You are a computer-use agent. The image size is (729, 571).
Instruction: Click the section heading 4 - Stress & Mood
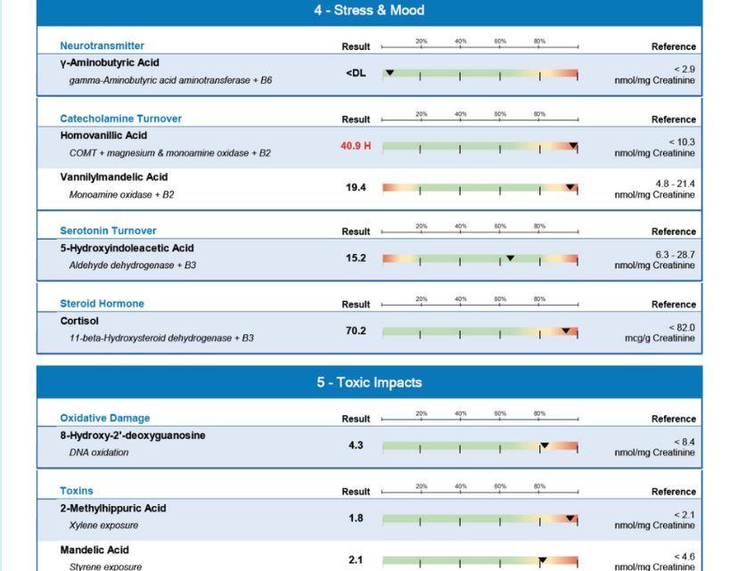(x=369, y=11)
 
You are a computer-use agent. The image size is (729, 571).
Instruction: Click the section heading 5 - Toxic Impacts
(x=369, y=383)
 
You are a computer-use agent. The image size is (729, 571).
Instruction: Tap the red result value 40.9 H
(x=356, y=146)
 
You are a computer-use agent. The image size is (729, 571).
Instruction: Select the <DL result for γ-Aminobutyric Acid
(x=356, y=73)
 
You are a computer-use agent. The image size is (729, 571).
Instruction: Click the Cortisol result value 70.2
(x=356, y=331)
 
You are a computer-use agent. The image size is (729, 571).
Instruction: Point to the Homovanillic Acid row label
(x=103, y=135)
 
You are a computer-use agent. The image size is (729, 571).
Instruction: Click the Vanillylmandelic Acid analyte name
(x=113, y=177)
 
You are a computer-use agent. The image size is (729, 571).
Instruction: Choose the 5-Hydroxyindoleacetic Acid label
(x=127, y=249)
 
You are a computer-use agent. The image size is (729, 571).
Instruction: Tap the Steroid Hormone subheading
(x=102, y=304)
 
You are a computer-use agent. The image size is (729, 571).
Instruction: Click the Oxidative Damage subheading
(x=104, y=418)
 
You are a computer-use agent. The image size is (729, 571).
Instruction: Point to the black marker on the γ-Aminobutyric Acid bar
(x=389, y=72)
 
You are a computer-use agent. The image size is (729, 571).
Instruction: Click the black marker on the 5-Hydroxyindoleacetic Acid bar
(x=510, y=258)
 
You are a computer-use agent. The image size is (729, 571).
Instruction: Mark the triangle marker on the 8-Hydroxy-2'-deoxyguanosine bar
(x=545, y=445)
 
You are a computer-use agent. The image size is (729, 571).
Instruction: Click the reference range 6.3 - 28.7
(x=675, y=255)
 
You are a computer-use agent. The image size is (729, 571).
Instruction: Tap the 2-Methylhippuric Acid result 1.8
(x=356, y=518)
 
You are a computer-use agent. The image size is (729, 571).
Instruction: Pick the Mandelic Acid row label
(x=94, y=551)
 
